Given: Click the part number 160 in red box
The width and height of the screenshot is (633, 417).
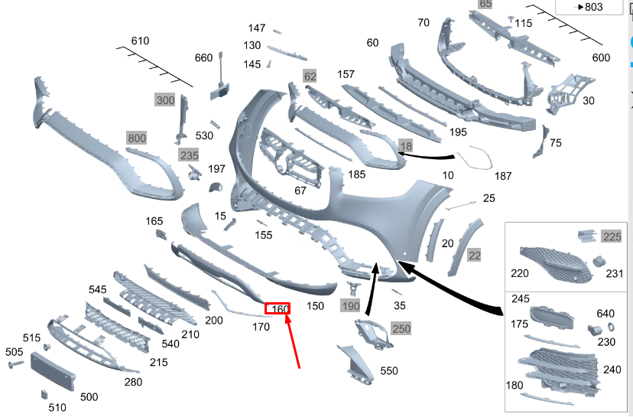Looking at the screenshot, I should click(x=281, y=309).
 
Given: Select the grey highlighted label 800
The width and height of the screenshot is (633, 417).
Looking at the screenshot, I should click(x=136, y=138).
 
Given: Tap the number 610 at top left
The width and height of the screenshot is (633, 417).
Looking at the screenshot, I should click(x=140, y=41).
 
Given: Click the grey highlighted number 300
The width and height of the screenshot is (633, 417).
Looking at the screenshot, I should click(x=165, y=100).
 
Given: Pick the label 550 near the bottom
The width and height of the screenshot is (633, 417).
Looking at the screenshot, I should click(x=389, y=371).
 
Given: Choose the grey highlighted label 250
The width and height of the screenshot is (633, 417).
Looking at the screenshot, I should click(x=401, y=329).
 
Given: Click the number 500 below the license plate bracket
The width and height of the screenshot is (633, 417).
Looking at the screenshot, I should click(x=89, y=397).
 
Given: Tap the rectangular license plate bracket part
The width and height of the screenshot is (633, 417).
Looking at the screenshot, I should click(x=54, y=373).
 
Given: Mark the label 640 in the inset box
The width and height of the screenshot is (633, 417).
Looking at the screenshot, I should click(x=605, y=313).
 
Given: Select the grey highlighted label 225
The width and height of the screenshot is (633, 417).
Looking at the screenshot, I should click(x=612, y=236).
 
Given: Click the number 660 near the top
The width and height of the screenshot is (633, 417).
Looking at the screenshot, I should click(x=203, y=58).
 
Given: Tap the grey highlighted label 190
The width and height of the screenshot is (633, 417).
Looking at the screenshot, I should click(x=350, y=306).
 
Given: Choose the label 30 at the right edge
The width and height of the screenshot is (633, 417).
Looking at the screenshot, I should click(x=589, y=100).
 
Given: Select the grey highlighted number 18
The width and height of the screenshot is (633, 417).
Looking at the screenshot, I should click(x=405, y=145).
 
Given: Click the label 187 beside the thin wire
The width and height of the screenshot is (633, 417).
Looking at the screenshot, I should click(x=503, y=176).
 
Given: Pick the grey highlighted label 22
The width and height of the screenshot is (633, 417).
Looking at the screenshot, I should click(x=474, y=256).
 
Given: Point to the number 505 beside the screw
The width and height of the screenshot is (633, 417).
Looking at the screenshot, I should click(x=15, y=352).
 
